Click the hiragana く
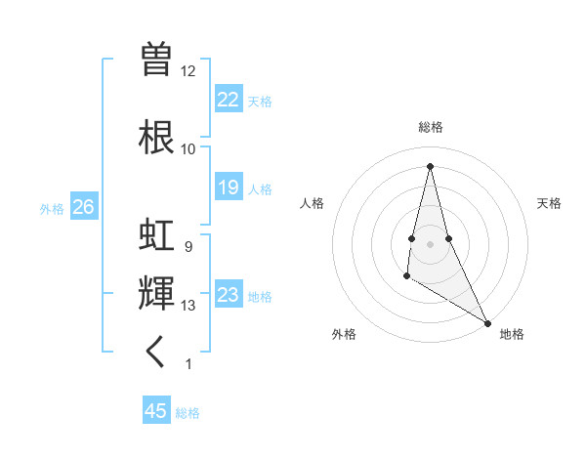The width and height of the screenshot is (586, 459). (x=156, y=352)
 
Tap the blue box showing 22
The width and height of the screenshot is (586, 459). (x=229, y=100)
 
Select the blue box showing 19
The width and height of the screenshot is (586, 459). (x=229, y=188)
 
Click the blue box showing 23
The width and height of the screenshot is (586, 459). (x=229, y=295)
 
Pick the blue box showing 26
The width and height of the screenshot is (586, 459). (x=83, y=207)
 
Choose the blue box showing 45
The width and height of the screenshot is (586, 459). (x=156, y=411)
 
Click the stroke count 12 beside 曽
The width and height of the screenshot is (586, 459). (x=188, y=71)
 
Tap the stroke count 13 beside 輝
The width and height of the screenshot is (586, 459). (x=188, y=306)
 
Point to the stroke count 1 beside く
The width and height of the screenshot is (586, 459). (x=188, y=364)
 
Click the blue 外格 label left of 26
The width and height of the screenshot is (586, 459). (x=52, y=208)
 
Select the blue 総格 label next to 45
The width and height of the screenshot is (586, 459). (x=188, y=413)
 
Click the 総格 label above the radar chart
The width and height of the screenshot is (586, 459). (x=430, y=127)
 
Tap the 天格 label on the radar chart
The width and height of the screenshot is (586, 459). (x=549, y=203)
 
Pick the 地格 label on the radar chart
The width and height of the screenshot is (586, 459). (x=512, y=334)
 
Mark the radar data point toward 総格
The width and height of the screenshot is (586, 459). (x=430, y=165)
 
